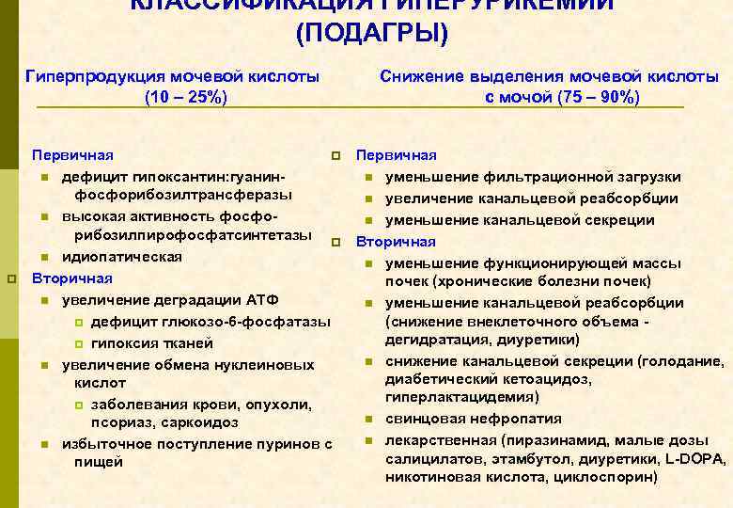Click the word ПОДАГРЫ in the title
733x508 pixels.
pos(373,34)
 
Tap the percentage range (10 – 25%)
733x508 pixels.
pos(185,97)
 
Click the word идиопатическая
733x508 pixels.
pos(122,257)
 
